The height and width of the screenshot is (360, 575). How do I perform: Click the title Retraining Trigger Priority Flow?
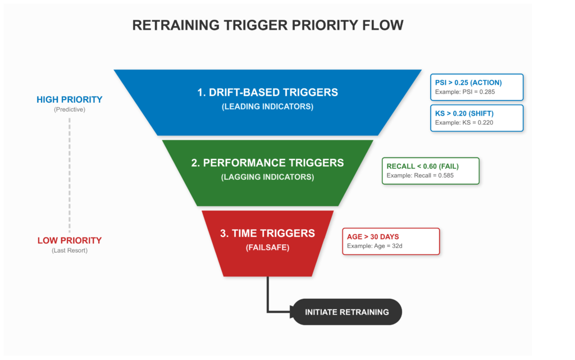267,25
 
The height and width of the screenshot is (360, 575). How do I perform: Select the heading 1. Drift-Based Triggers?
267,92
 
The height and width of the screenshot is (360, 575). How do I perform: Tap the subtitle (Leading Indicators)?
267,106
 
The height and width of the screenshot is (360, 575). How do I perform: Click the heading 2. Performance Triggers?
267,163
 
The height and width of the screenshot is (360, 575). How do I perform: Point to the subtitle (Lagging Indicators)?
267,177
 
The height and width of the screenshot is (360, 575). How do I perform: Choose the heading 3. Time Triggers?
267,233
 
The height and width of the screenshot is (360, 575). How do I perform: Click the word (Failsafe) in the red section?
267,247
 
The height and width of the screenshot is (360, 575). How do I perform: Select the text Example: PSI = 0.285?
465,92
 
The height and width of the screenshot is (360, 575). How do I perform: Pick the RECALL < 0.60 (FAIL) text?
425,166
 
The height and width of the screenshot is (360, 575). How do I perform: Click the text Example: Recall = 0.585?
420,175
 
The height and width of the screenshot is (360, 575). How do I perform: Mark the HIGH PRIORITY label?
70,100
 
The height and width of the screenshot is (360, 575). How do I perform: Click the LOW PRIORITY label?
70,240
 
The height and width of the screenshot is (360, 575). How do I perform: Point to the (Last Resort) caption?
70,250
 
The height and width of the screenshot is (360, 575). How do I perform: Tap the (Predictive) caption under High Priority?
70,110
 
